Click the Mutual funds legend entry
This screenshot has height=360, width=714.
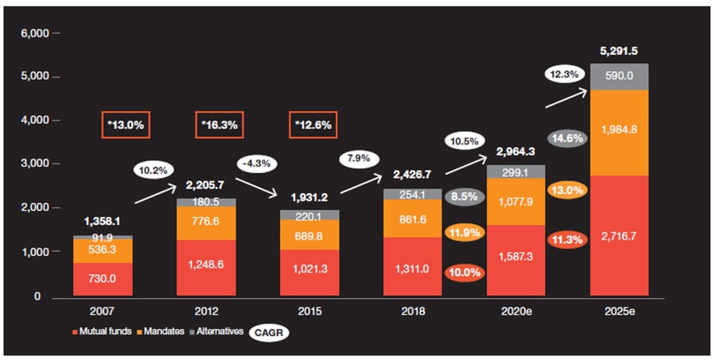pos(103,331)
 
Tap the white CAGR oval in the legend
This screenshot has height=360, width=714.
pos(270,332)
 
